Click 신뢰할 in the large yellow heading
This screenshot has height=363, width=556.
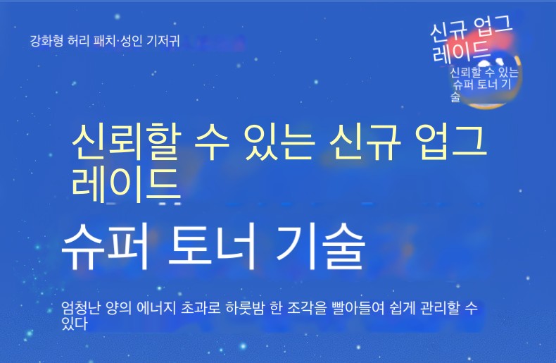pos(127,142)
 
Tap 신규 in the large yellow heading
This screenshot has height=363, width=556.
pos(364,142)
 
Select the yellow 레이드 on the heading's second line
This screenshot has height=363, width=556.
pos(126,185)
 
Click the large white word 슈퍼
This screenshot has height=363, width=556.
pos(105,247)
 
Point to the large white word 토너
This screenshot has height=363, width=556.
pos(211,247)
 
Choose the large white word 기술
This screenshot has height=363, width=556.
pos(320,247)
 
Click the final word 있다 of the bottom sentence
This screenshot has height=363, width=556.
pos(74,324)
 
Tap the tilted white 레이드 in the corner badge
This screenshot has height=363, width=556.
pos(460,51)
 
